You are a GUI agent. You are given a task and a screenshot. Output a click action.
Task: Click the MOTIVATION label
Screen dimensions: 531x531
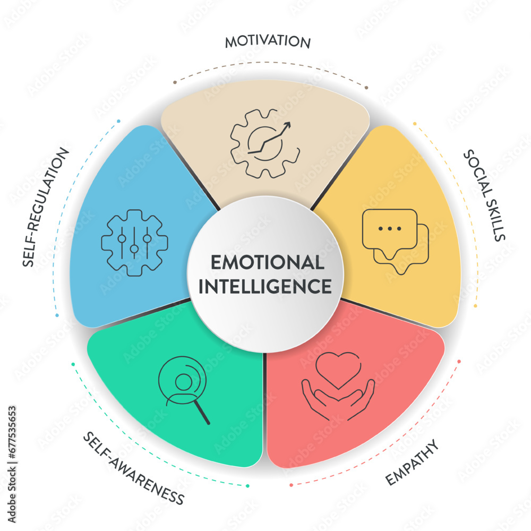pyautogui.click(x=268, y=41)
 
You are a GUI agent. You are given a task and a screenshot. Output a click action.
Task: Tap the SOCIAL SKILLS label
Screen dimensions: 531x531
pyautogui.click(x=484, y=195)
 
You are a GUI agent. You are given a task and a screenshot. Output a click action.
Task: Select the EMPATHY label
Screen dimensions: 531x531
pyautogui.click(x=412, y=463)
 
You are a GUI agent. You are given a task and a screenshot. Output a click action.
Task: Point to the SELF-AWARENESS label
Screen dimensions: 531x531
pyautogui.click(x=134, y=468)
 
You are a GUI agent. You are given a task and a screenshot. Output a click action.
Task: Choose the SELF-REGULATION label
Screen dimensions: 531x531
pyautogui.click(x=46, y=207)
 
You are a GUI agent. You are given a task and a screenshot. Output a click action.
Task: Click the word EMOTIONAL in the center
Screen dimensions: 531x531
pyautogui.click(x=268, y=262)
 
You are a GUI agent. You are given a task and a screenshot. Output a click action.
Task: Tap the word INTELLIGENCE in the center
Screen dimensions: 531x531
pyautogui.click(x=265, y=287)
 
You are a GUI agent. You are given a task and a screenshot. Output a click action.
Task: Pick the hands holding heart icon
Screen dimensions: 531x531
pyautogui.click(x=338, y=387)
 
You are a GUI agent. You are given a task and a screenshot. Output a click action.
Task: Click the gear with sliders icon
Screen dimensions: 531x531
pyautogui.click(x=134, y=243)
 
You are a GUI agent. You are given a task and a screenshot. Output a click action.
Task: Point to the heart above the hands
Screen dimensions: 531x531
pyautogui.click(x=338, y=371)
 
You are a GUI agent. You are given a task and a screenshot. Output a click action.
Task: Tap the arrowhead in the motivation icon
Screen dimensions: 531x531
pyautogui.click(x=287, y=126)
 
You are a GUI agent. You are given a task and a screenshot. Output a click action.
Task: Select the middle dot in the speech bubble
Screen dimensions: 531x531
pyautogui.click(x=390, y=229)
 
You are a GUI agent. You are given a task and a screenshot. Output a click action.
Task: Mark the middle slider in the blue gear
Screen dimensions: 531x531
pyautogui.click(x=134, y=243)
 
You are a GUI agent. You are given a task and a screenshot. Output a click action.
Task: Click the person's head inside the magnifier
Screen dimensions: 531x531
pyautogui.click(x=184, y=382)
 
